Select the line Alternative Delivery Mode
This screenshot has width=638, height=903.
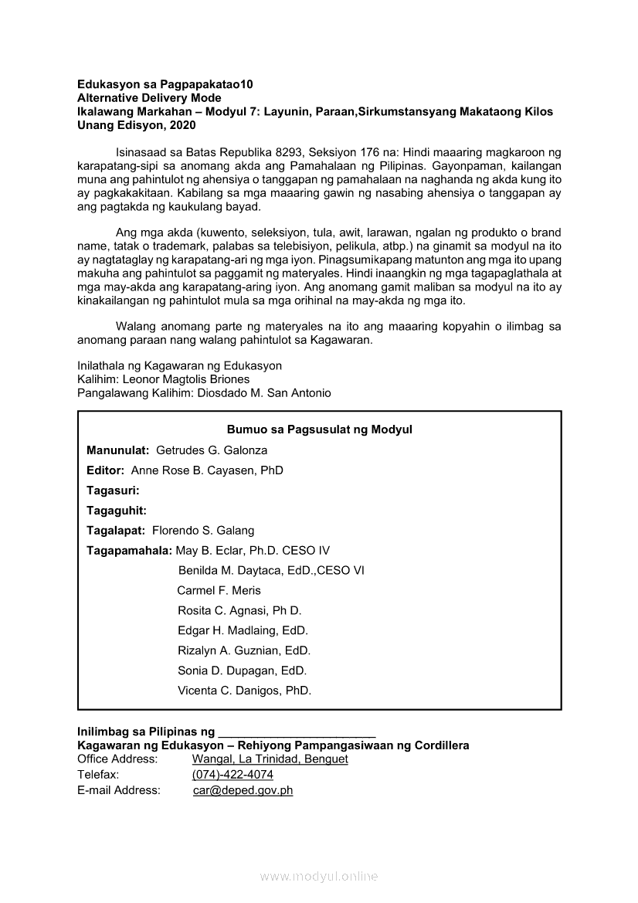coord(149,98)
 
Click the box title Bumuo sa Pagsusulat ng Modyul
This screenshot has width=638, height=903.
coord(319,429)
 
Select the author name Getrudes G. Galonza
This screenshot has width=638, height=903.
coord(212,450)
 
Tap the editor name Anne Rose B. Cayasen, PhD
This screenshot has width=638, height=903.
coord(207,470)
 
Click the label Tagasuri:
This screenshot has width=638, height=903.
coord(113,491)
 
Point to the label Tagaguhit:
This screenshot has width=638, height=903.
coord(117,511)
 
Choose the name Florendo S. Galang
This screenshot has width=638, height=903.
coord(203,531)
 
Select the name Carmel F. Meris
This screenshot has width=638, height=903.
coord(219,591)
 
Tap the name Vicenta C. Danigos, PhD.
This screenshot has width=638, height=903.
coord(244,691)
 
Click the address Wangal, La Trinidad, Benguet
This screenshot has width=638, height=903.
coord(270,759)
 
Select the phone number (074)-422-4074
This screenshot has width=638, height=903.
coord(232,775)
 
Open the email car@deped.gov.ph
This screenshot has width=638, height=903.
coord(243,790)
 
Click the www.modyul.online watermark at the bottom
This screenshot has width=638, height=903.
coord(319,876)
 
